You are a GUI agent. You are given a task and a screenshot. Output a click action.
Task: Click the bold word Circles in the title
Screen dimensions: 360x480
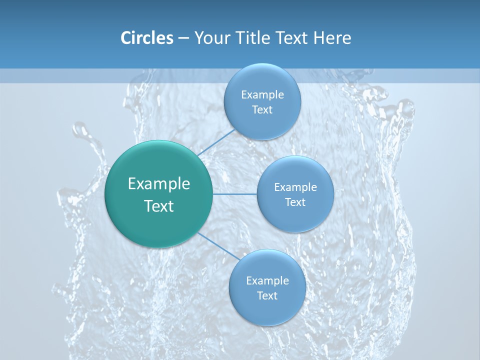coord(146,38)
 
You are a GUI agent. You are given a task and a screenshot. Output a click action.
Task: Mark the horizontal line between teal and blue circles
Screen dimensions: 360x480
coord(235,194)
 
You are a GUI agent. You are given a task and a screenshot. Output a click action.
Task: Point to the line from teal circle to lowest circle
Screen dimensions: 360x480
coord(219,246)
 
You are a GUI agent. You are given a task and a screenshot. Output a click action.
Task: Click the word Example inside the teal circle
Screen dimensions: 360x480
coord(159,184)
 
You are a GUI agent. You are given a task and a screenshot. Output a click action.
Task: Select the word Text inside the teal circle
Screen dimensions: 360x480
coord(159,206)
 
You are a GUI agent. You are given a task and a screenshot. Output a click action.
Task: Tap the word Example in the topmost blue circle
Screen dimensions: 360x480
coord(262,95)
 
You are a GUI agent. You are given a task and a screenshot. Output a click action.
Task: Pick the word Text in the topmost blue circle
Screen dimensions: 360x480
coord(262,110)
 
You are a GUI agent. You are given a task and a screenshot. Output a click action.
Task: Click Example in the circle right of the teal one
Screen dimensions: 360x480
coord(295,187)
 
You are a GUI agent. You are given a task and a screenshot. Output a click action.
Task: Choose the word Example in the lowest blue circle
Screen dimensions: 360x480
coord(267,281)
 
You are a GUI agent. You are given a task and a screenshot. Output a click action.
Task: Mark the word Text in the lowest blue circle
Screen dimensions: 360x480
coord(267,296)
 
